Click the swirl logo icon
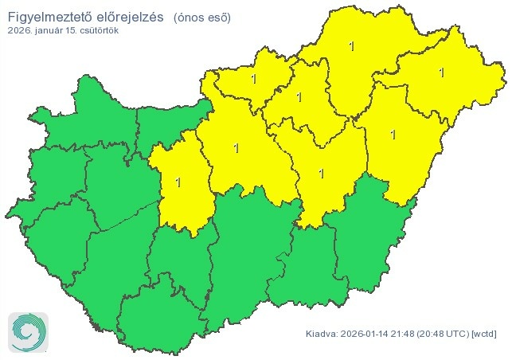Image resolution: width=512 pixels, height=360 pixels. (28, 331)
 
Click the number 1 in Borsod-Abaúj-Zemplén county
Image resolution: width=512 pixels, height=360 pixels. (352, 46)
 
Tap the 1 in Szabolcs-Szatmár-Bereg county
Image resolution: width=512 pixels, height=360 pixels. (441, 72)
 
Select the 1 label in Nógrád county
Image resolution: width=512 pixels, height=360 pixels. (254, 79)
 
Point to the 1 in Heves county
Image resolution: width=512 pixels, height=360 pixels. (299, 97)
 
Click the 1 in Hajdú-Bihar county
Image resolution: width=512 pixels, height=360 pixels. (393, 134)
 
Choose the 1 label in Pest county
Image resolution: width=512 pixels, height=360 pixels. (236, 147)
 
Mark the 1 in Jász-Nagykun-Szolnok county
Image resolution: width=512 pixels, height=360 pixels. (321, 172)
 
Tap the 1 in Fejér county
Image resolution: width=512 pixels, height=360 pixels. (178, 182)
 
